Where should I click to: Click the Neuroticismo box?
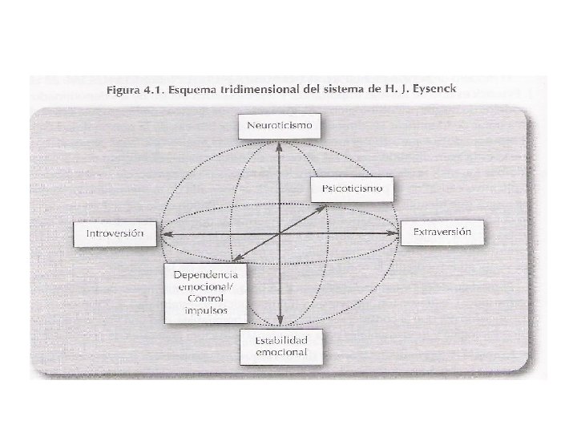point(279,127)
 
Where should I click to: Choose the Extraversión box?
point(443,233)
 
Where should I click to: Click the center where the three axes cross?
point(279,234)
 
